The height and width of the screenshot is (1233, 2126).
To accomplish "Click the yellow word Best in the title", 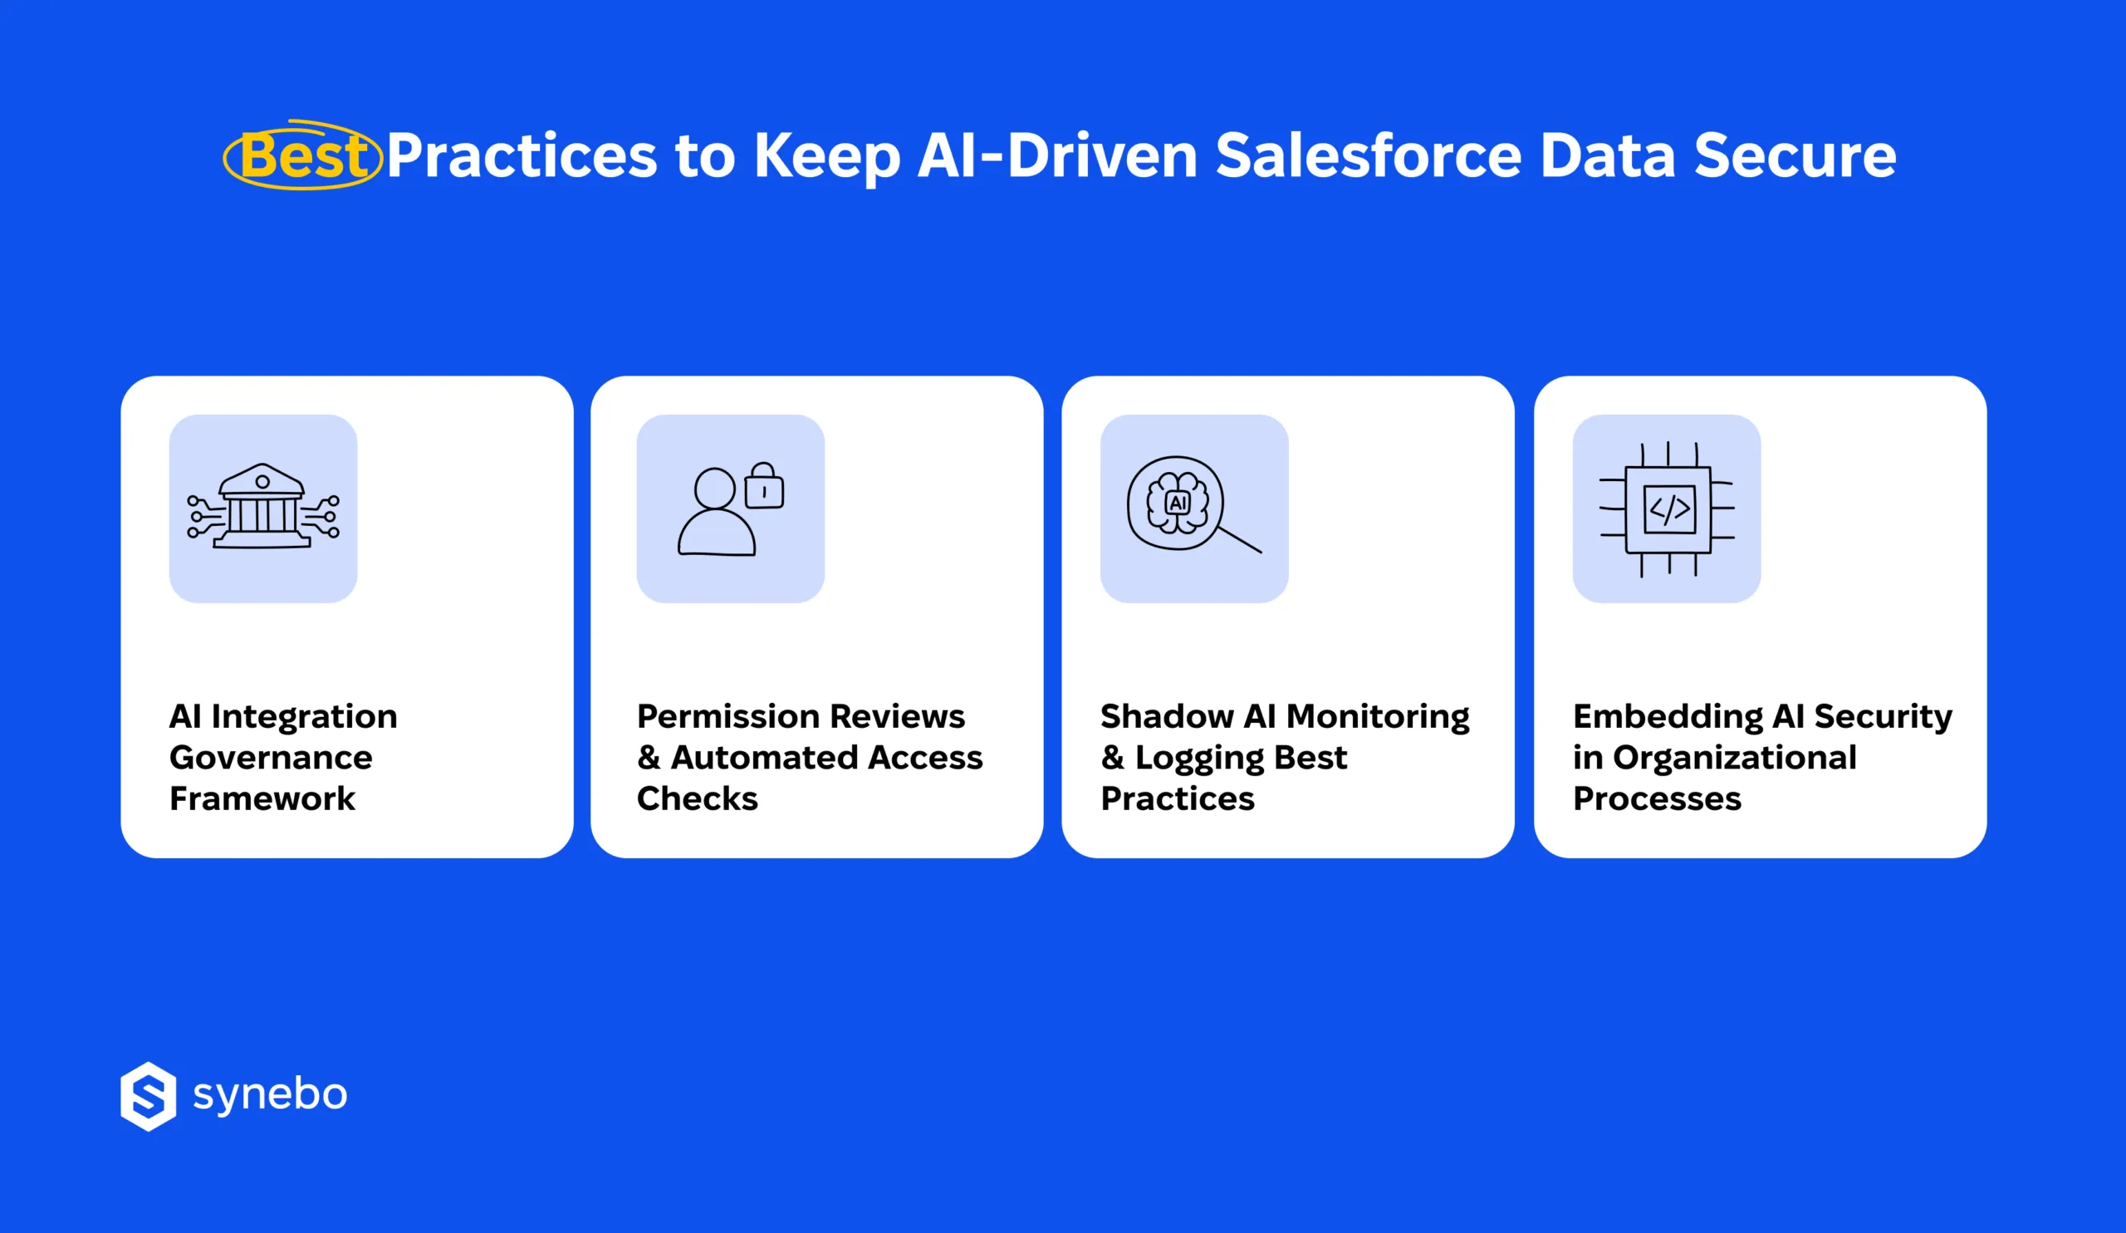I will pos(304,157).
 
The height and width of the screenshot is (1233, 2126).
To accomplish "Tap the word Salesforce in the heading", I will pos(1368,157).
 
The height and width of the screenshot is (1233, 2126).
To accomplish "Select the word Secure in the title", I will pos(1795,157).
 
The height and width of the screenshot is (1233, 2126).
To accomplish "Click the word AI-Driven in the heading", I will pos(1056,157).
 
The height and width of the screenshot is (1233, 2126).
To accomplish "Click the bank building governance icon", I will pos(262,508).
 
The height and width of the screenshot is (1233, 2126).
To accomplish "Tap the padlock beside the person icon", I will pos(763,487).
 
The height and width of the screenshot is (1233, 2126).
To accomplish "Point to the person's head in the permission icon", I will pos(714,488).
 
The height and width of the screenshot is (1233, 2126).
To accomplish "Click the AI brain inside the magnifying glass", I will pos(1177,503).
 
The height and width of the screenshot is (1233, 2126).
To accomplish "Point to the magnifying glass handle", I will pos(1239,540).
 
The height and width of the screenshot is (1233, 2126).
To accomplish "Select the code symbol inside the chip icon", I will pos(1668,508).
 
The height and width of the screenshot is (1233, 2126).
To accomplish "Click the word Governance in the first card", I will pos(270,758).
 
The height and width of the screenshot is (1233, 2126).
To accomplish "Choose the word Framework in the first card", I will pos(262,798).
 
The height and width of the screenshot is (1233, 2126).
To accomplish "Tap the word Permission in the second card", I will pos(715,716).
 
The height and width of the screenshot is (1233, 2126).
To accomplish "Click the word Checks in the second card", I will pos(697,798).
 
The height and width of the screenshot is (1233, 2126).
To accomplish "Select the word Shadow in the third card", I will pos(1166,716).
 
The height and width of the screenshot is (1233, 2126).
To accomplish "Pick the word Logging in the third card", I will pos(1198,759).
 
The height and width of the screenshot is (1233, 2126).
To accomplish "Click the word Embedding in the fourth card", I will pos(1667,716).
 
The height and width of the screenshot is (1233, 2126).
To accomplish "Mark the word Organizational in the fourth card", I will pos(1734,758).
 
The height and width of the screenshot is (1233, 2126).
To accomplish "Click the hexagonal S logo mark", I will pos(149,1095).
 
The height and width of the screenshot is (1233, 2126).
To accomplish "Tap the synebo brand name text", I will pos(270,1095).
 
